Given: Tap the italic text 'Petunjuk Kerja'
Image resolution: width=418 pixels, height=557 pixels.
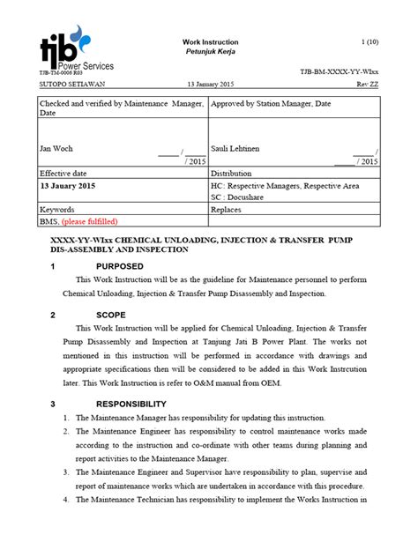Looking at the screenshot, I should pyautogui.click(x=209, y=53).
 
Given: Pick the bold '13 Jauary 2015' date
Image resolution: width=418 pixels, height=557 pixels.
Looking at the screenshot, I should pyautogui.click(x=69, y=187).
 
